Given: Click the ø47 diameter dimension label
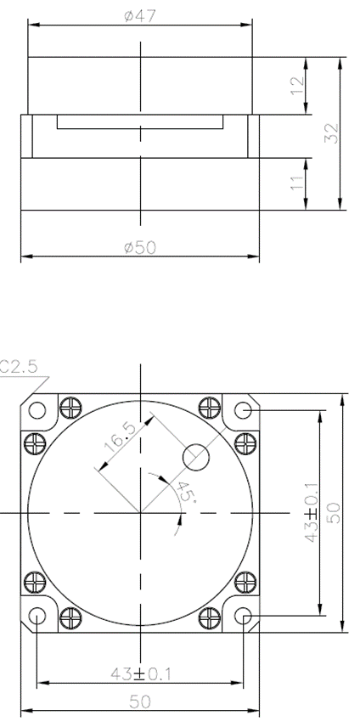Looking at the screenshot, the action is [x=140, y=16].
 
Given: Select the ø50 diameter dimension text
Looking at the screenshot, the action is [x=140, y=247].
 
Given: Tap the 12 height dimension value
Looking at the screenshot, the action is [x=298, y=86].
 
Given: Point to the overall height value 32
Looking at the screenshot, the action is [x=332, y=133].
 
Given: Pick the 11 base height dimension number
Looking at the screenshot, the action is [x=298, y=181].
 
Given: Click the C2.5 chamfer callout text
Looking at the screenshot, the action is [x=19, y=367].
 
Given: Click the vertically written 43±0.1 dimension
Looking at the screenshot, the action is [x=312, y=512].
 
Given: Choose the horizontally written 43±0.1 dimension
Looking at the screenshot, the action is [x=141, y=673].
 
